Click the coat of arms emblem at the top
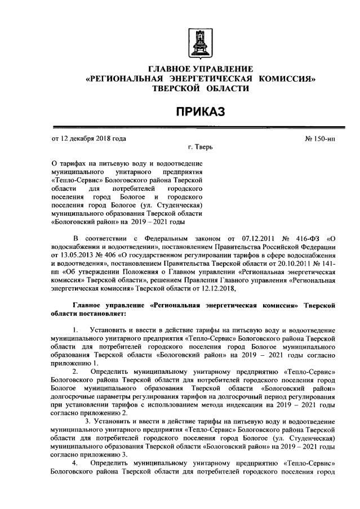(x=199, y=42)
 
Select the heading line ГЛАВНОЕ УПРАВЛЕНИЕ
(x=200, y=69)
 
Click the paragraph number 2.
(x=75, y=372)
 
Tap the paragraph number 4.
(x=75, y=462)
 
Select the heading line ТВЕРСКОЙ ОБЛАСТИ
(x=200, y=89)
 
